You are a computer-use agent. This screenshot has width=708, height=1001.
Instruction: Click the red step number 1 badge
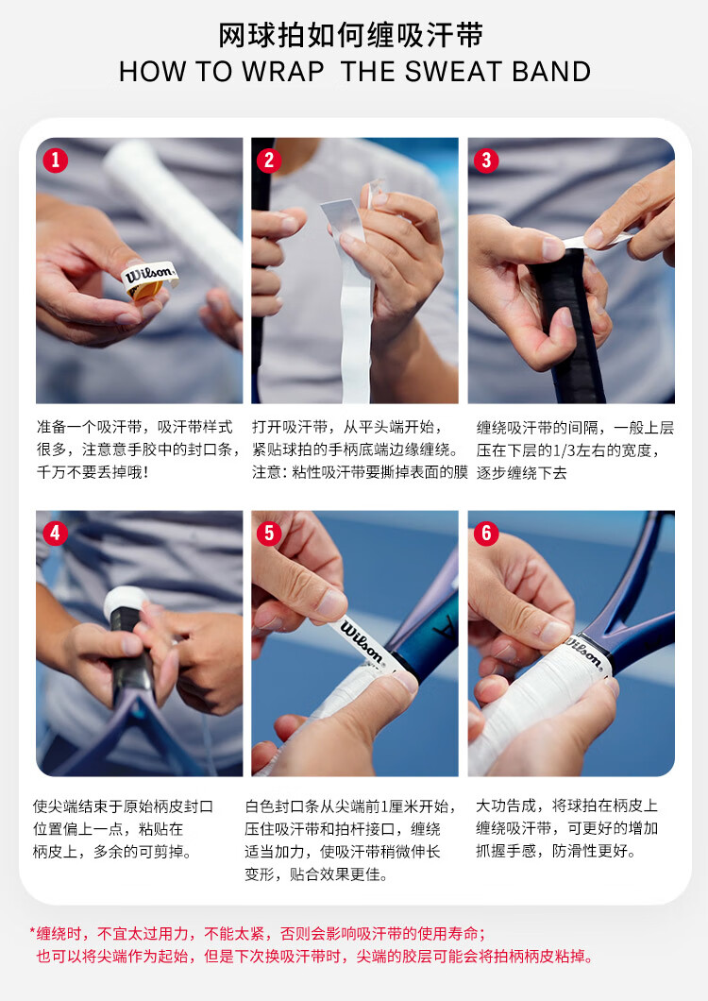(x=56, y=160)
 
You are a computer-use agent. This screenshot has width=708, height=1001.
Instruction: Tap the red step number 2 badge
(x=269, y=160)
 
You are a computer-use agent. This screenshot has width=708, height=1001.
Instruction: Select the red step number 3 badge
(x=486, y=160)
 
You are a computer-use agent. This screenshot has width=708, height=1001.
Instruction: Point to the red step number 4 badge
(x=56, y=533)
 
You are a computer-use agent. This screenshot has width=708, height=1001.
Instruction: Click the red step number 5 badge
(x=269, y=533)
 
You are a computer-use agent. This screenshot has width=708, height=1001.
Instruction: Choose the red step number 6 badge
(x=486, y=533)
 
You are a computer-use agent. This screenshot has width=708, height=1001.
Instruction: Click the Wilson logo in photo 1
(x=149, y=275)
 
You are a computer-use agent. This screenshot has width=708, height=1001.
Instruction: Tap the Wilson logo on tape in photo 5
(x=362, y=641)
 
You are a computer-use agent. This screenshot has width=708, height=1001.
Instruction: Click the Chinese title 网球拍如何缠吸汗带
(x=350, y=35)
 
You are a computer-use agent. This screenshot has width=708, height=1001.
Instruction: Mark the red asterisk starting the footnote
(x=32, y=932)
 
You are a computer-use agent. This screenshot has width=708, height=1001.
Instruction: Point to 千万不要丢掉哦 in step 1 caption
(x=85, y=472)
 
